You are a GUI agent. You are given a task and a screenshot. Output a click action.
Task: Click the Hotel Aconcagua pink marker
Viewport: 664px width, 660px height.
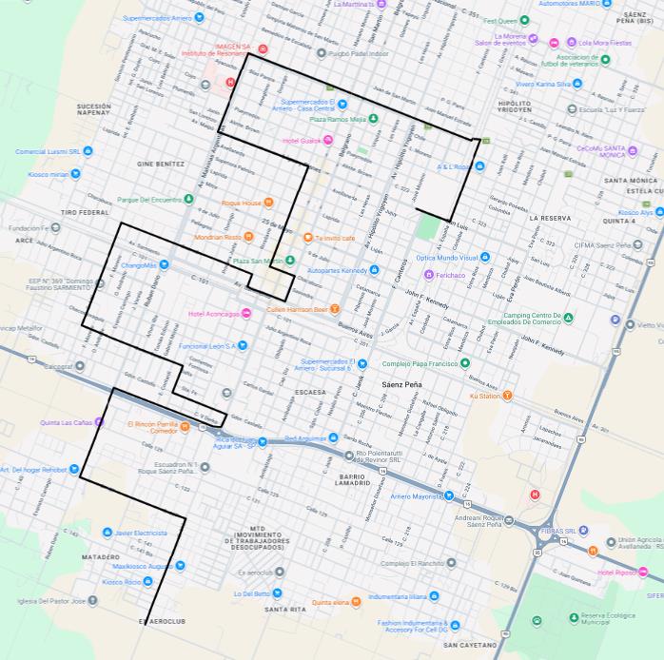coord(246,314)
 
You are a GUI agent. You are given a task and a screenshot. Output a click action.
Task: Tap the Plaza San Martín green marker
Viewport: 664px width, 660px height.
coord(290,261)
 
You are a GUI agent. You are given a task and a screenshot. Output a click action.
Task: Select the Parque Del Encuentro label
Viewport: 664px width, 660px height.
coord(149,200)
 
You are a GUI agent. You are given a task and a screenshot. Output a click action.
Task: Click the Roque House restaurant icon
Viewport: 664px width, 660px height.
coord(269,203)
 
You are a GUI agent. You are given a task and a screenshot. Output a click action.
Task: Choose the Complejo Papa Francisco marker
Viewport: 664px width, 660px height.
coord(465,363)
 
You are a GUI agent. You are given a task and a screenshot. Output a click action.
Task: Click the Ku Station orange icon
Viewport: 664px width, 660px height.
coord(507,395)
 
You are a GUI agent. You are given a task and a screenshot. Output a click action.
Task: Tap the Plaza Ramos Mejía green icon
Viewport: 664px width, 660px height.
coord(373,119)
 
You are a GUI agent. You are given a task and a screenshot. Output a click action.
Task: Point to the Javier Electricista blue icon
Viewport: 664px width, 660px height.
coord(107,533)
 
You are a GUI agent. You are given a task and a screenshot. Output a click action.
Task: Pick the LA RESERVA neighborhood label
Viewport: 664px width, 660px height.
coord(550,219)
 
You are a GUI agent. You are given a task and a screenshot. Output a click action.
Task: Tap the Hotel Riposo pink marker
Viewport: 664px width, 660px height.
coord(643,573)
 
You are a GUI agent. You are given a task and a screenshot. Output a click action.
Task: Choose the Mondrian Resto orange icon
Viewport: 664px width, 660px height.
coord(248,237)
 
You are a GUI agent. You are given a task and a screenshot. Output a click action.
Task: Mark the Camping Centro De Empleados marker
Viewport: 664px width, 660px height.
coord(568,318)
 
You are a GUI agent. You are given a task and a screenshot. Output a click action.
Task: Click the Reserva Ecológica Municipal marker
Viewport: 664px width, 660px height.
coord(575,617)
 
